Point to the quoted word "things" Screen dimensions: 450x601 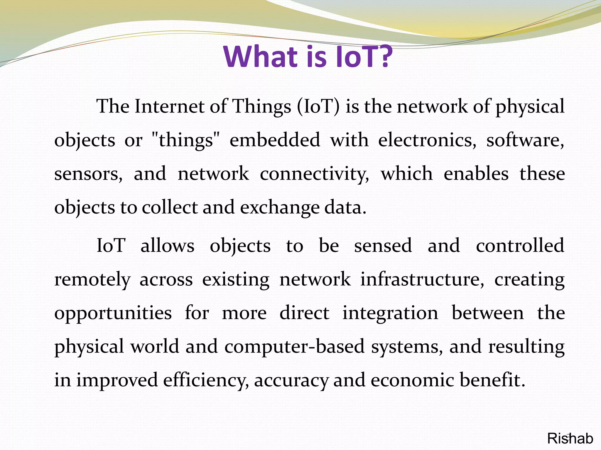point(186,140)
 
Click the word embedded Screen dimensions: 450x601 point(275,140)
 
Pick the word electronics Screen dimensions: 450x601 point(427,140)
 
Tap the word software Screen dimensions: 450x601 point(525,140)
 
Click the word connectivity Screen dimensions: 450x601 point(314,174)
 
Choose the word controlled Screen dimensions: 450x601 point(520,246)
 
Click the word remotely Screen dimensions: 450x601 point(92,279)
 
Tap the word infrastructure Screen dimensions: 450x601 point(422,279)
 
